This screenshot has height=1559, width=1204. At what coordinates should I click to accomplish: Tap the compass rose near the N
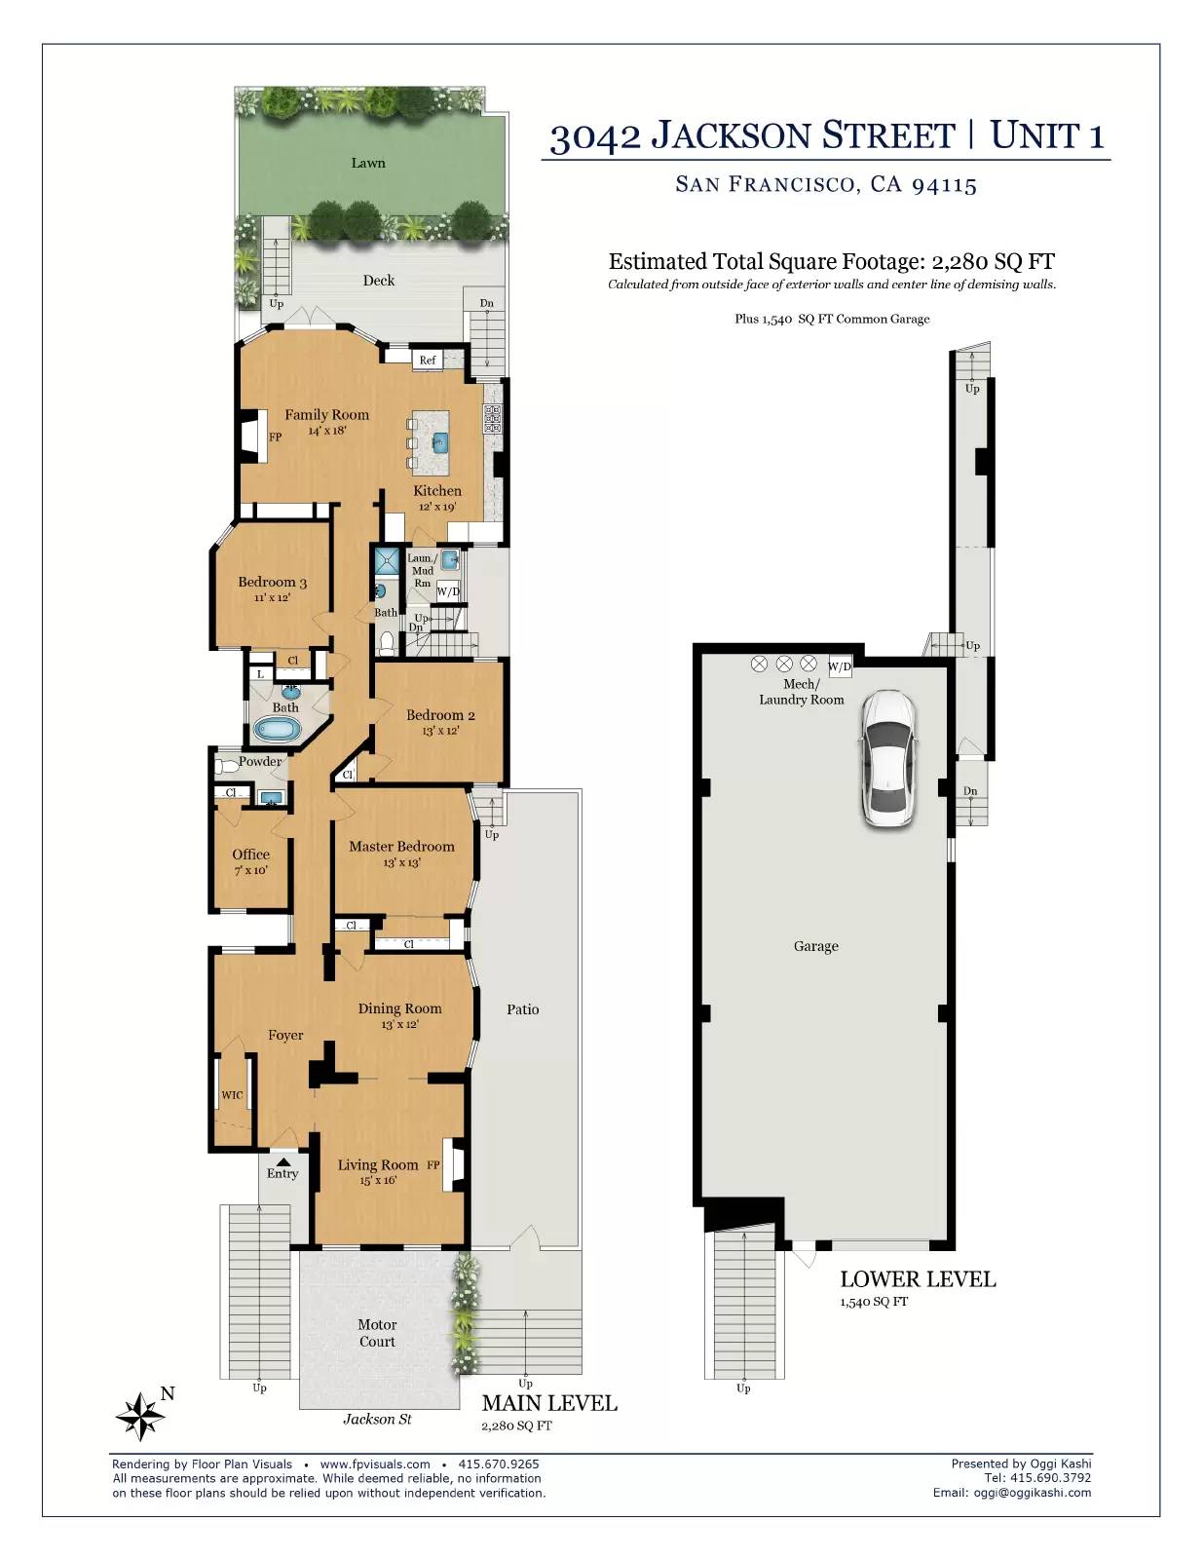pyautogui.click(x=140, y=1416)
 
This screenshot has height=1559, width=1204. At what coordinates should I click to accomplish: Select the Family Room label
pyautogui.click(x=326, y=414)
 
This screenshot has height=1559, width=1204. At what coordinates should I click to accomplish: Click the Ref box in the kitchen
pyautogui.click(x=428, y=360)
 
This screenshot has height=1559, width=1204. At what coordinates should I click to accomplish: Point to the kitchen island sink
pyautogui.click(x=439, y=442)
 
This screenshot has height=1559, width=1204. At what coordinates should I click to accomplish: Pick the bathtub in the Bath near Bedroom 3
pyautogui.click(x=279, y=730)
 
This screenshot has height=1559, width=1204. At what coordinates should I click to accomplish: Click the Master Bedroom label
pyautogui.click(x=401, y=846)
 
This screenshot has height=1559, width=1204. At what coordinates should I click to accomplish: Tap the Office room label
pyautogui.click(x=251, y=854)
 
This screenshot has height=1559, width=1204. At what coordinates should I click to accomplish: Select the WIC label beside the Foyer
pyautogui.click(x=232, y=1095)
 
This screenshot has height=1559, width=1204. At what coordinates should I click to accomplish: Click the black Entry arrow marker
pyautogui.click(x=283, y=1161)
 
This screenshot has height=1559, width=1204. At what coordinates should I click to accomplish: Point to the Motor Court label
pyautogui.click(x=377, y=1333)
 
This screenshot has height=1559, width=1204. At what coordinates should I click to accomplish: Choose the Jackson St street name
pyautogui.click(x=377, y=1419)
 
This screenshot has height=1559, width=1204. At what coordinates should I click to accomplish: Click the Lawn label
pyautogui.click(x=368, y=163)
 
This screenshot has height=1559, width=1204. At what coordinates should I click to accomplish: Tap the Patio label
pyautogui.click(x=523, y=1008)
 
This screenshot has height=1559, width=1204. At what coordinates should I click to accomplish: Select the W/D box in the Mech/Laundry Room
pyautogui.click(x=840, y=666)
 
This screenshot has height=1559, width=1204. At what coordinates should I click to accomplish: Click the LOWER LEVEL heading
pyautogui.click(x=918, y=1279)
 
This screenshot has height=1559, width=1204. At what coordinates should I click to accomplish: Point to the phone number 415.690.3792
pyautogui.click(x=1050, y=1477)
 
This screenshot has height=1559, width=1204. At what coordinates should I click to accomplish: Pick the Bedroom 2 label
pyautogui.click(x=440, y=714)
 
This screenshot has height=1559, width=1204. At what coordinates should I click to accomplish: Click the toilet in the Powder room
pyautogui.click(x=227, y=766)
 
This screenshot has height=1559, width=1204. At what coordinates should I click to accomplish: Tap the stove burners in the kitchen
pyautogui.click(x=493, y=418)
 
